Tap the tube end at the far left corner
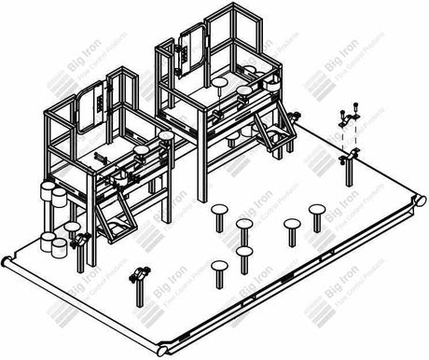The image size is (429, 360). [x=8, y=264]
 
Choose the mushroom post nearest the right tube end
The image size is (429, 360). [x=318, y=217]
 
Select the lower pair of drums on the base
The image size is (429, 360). [x=54, y=245]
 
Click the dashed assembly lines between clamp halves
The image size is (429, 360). [x=348, y=138]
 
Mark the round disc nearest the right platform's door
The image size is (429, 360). [x=218, y=82]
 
